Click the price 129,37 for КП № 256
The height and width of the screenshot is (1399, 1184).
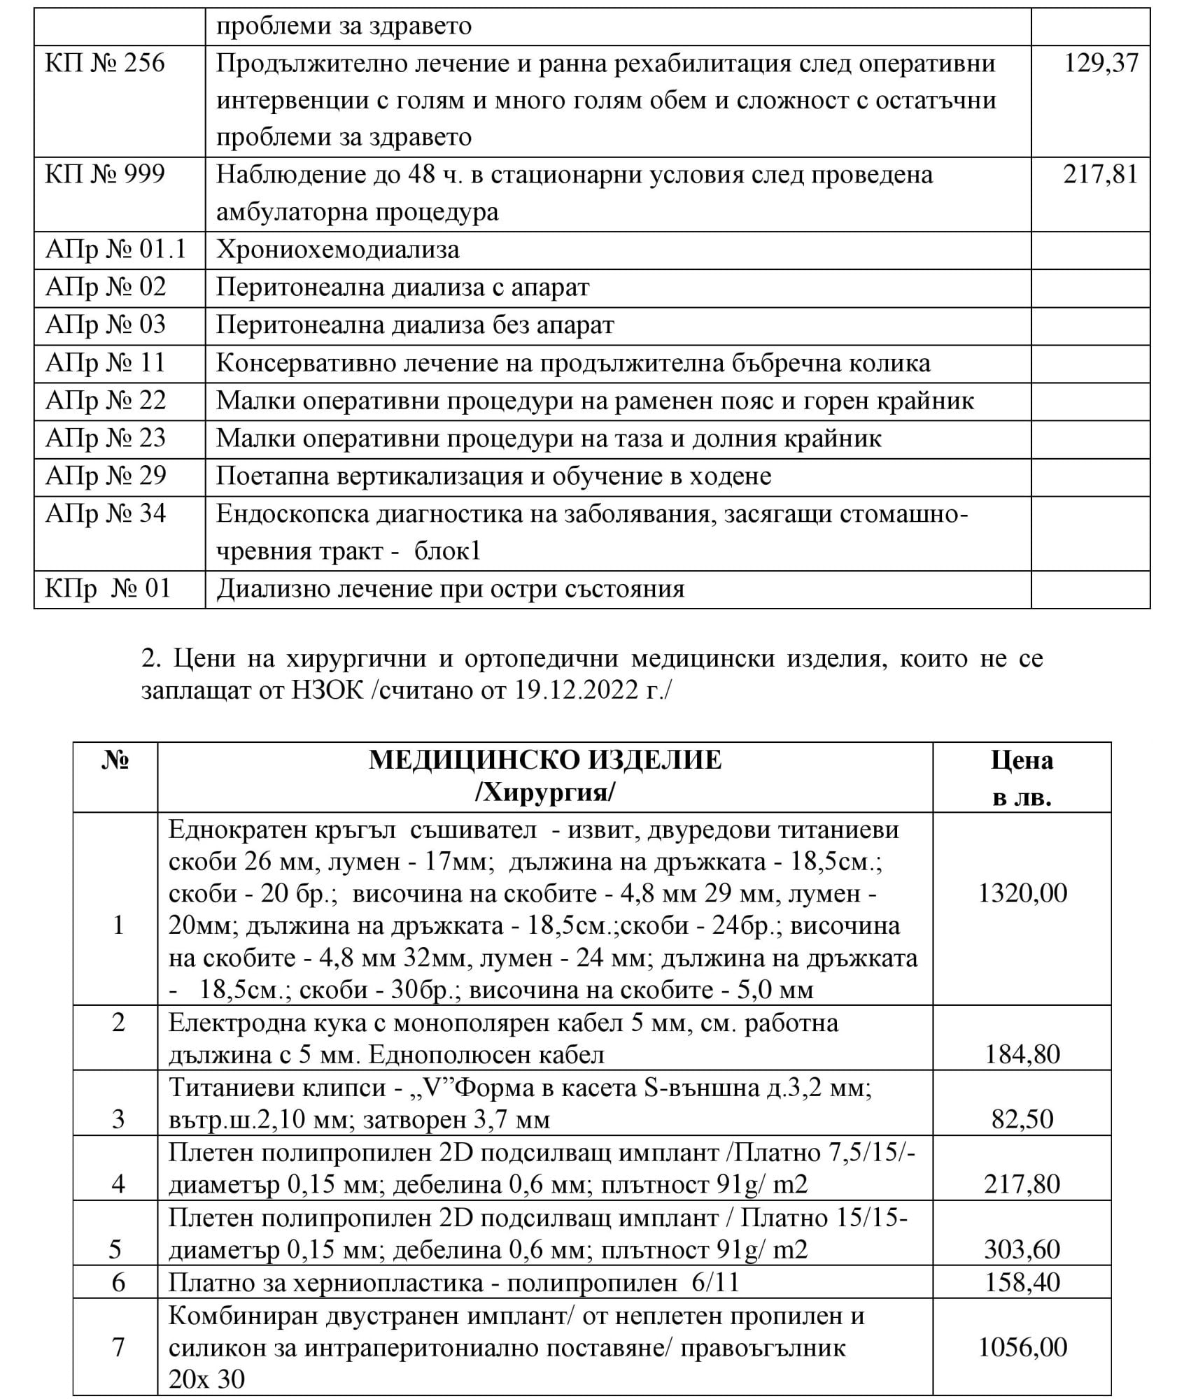point(1101,64)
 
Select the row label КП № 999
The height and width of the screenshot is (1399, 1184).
point(105,174)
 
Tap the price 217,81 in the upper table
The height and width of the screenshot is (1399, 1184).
point(1101,174)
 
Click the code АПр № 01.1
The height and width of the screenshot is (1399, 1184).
point(115,250)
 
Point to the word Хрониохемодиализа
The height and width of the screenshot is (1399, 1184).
point(337,250)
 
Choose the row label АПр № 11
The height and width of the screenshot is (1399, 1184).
point(105,363)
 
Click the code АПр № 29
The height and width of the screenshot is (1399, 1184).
point(106,476)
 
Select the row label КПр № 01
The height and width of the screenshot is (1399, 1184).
point(108,589)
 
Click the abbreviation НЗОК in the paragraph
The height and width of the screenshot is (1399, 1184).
point(326,691)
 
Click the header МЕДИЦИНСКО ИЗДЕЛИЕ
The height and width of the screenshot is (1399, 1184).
point(544,760)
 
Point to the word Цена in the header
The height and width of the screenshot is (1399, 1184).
point(1022,760)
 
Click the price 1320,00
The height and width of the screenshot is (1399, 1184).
point(1022,894)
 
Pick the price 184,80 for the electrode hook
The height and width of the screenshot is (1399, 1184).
point(1022,1054)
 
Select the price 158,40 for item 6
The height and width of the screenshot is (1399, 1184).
point(1022,1283)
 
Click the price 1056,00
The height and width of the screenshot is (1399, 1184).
point(1022,1348)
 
